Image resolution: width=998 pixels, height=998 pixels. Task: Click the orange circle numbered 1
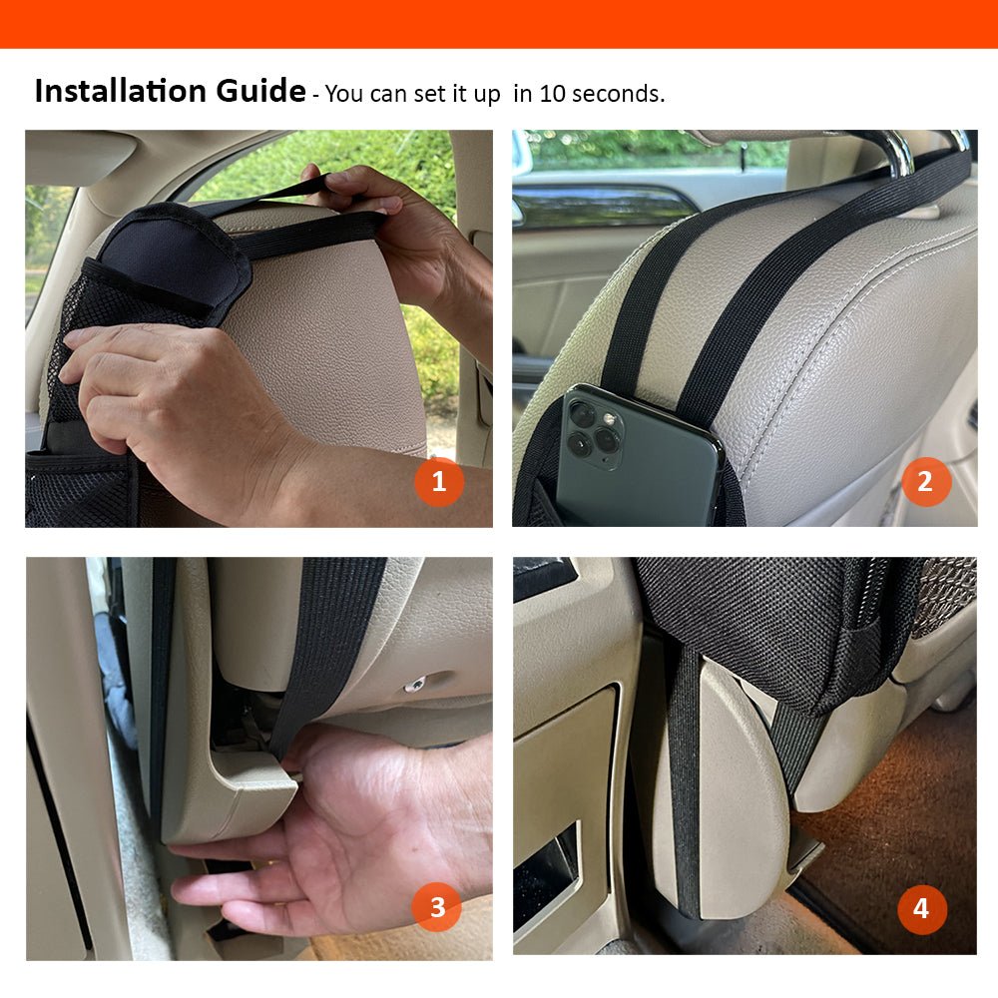(439, 483)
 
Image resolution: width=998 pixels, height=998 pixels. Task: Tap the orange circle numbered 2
(925, 483)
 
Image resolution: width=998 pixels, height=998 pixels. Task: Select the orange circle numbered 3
(437, 907)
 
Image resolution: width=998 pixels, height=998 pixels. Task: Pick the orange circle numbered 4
(921, 908)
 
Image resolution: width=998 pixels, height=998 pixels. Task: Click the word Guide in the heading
(260, 92)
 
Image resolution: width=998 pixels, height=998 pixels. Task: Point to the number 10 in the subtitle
(551, 95)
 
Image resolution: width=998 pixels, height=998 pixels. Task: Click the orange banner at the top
(499, 23)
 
